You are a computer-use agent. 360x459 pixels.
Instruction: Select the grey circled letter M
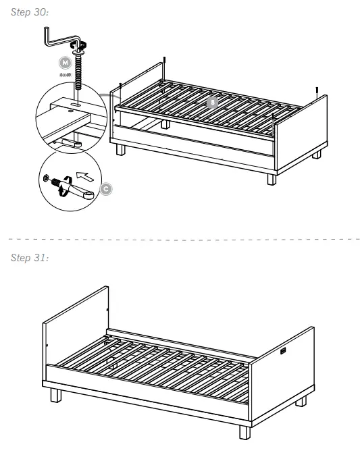[64, 61]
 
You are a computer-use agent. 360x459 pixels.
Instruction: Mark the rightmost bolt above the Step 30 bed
[317, 90]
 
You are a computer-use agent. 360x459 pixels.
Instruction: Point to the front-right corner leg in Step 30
[272, 178]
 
